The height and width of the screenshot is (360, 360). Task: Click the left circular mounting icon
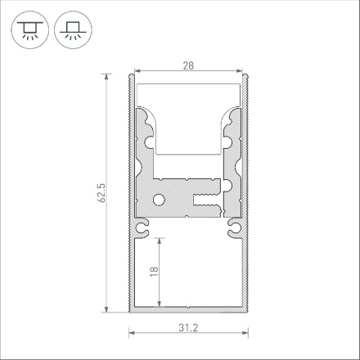point(29,31)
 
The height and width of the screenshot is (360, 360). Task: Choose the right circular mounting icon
point(72,31)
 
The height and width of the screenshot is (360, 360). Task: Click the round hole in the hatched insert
point(161,200)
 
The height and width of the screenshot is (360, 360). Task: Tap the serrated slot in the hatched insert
point(205,199)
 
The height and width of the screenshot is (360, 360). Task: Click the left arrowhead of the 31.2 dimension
point(132,333)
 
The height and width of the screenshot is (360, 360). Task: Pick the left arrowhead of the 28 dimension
point(137,71)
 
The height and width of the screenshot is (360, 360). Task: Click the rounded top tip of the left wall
point(130,77)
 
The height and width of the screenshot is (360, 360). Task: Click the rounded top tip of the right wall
point(247,77)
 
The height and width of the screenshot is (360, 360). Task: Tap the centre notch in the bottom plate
point(188,310)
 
